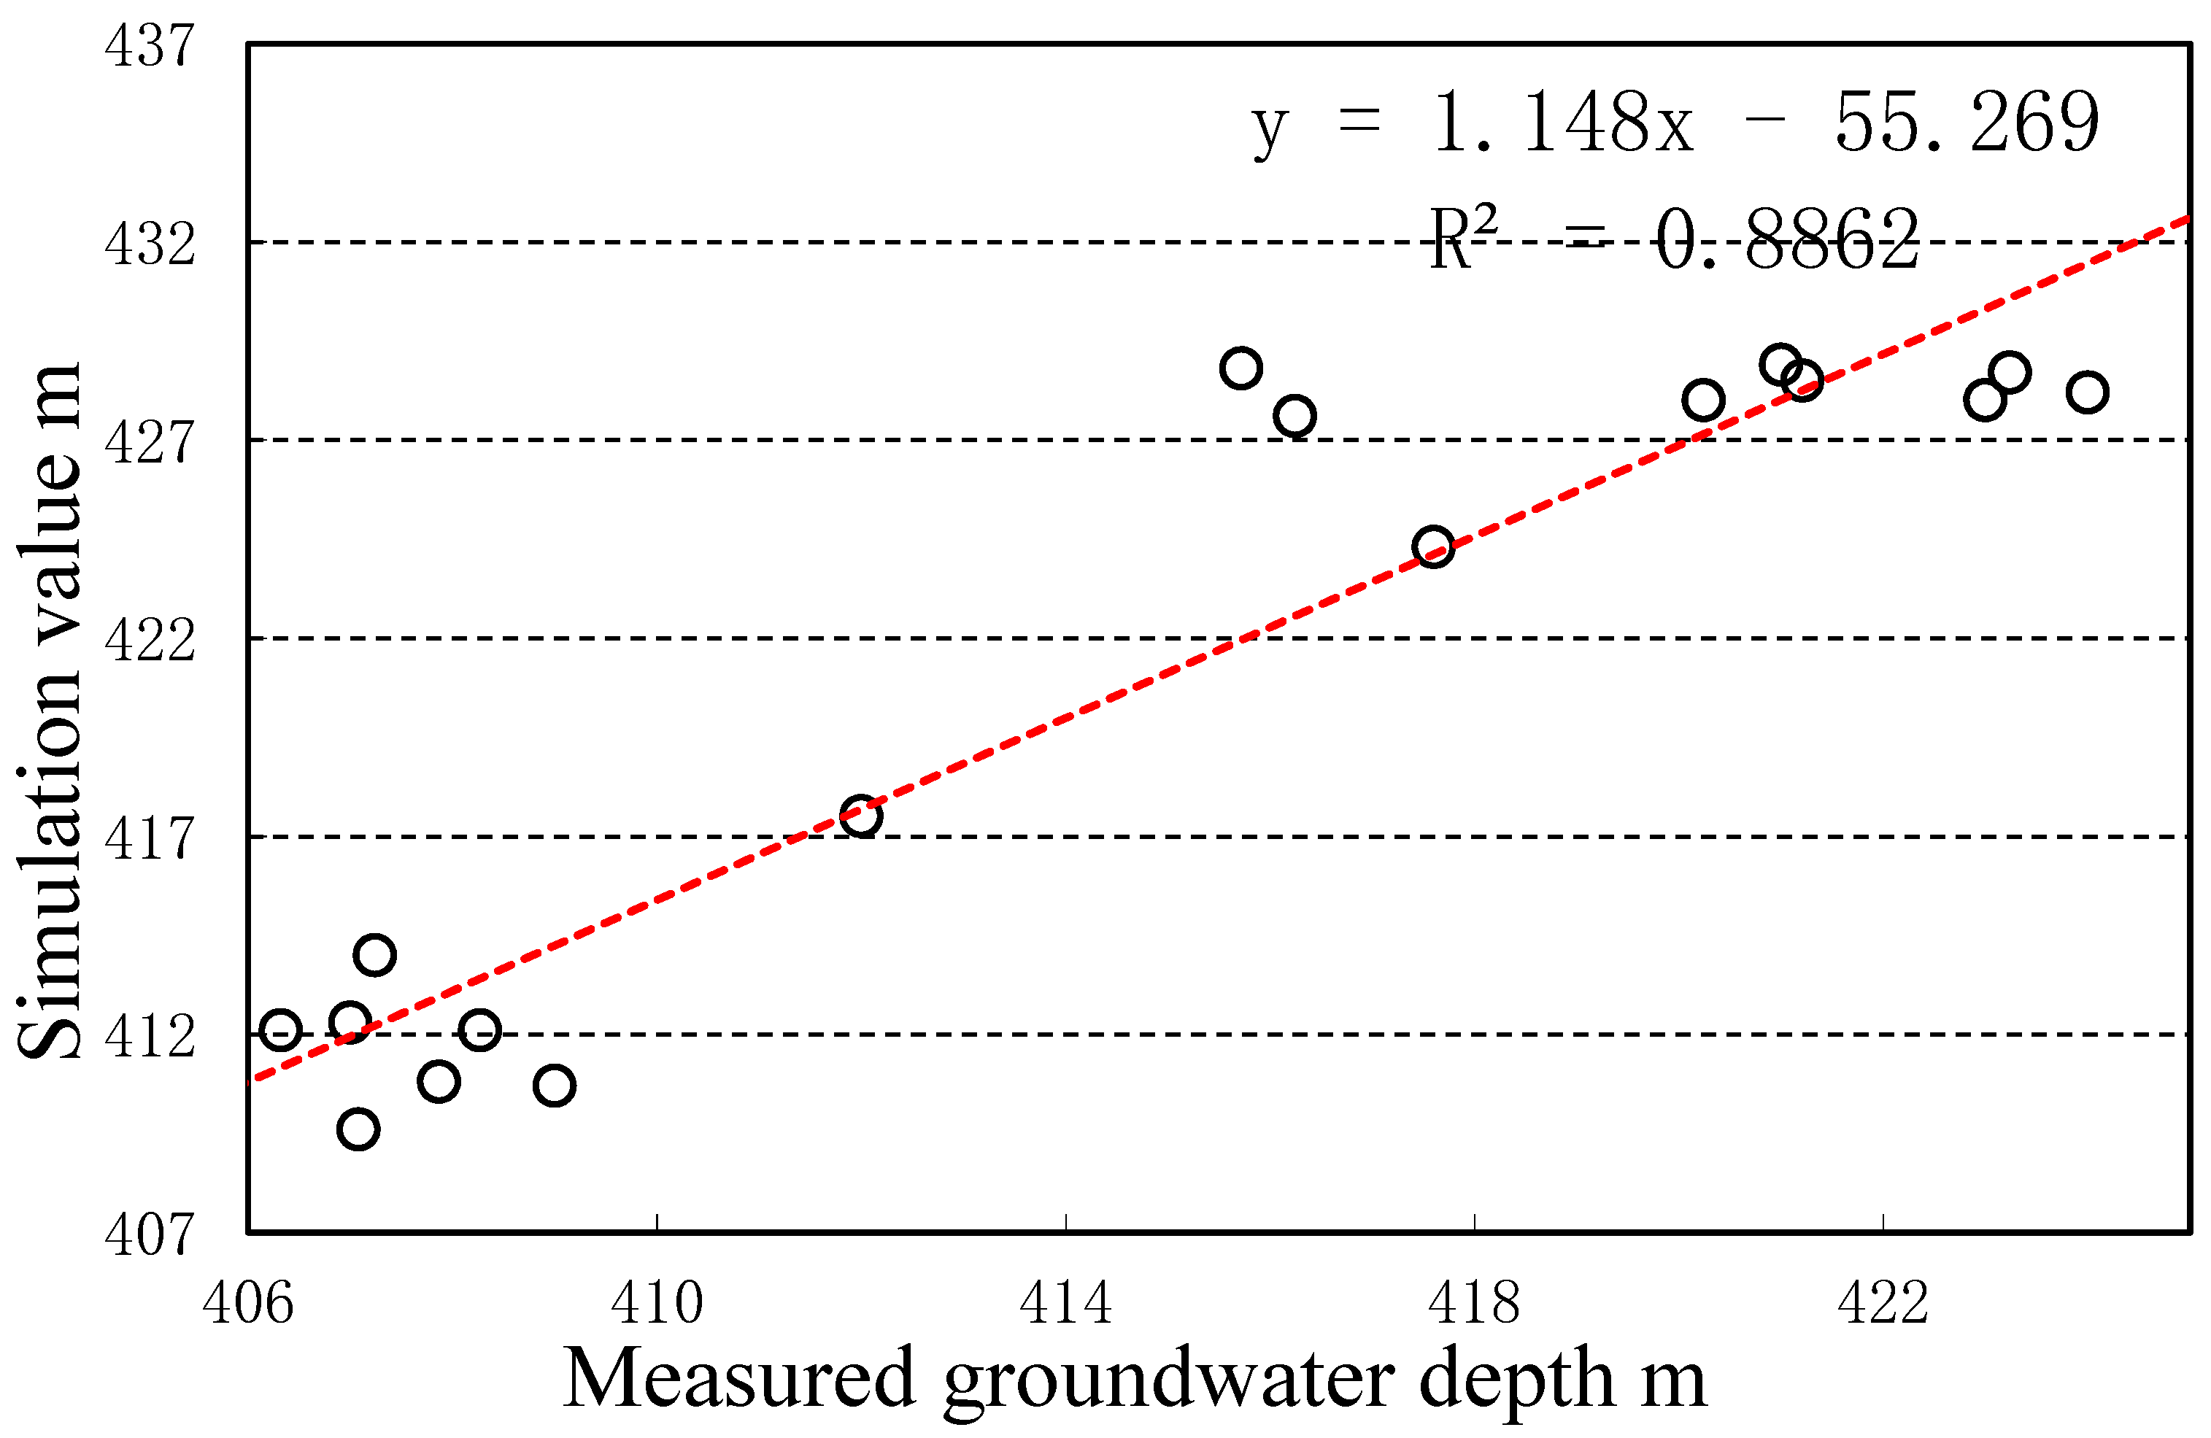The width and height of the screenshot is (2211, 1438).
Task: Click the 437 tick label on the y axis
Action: pos(150,45)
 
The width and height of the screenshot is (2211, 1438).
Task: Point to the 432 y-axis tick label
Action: pos(150,244)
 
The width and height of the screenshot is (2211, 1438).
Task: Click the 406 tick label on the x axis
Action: pos(248,1302)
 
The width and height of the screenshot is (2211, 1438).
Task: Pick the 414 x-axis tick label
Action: pos(1065,1302)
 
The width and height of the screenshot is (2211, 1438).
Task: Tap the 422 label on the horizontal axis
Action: pos(1883,1302)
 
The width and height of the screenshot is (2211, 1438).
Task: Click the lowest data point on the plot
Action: pos(358,1129)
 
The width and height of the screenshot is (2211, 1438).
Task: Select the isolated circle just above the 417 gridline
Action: pos(860,816)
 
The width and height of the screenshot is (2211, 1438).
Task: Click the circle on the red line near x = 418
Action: pos(1432,547)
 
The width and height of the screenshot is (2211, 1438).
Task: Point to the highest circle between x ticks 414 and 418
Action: pos(1241,368)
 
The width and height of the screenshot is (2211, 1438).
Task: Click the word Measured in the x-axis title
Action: pos(738,1380)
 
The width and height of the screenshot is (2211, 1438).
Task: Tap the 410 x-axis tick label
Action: pos(657,1302)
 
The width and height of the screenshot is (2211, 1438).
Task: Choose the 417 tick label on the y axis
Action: pos(150,839)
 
